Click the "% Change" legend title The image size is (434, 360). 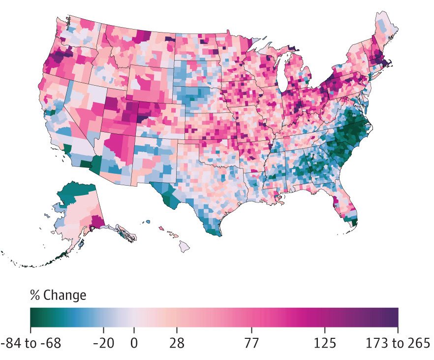(58, 295)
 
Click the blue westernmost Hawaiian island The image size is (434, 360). (149, 222)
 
